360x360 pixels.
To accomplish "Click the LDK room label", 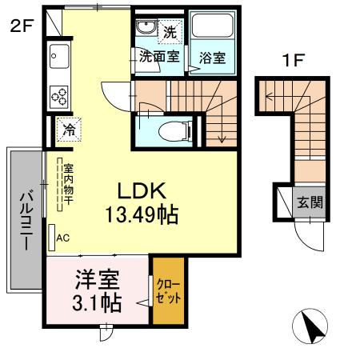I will point(142,191).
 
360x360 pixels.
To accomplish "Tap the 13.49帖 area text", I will point(142,214).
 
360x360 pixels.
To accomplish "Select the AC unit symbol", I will point(53,237).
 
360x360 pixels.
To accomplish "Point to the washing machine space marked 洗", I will point(170,32).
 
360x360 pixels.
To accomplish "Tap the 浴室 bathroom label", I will point(212,57).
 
